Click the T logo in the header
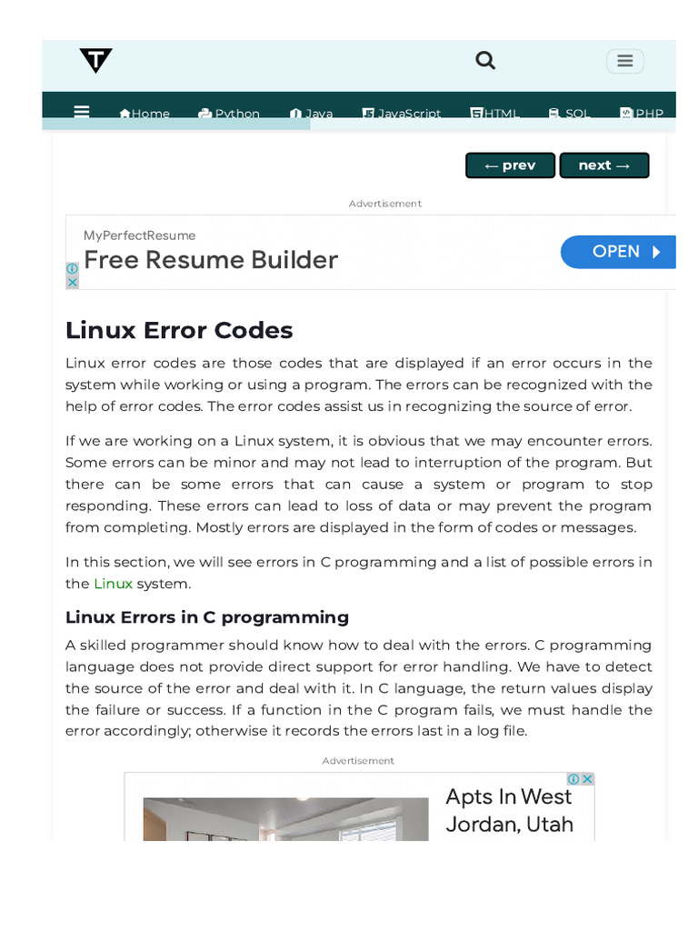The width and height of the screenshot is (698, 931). coord(95,61)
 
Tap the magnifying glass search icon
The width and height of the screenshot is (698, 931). coord(485,60)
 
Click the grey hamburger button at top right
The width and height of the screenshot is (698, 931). coord(624,61)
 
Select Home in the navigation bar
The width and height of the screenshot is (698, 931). coord(145,114)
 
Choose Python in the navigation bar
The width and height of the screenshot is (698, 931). coord(229,114)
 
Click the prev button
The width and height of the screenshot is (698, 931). coord(510,165)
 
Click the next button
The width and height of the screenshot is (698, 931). coord(603,165)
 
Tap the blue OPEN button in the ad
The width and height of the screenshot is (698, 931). coord(619,252)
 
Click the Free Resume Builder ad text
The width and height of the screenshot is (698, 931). coord(211,260)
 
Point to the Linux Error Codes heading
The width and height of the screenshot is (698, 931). coord(179,329)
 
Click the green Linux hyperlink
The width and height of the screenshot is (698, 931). coord(114,584)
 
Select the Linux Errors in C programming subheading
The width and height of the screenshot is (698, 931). coord(207,617)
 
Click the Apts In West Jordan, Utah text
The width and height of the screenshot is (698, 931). coord(509,810)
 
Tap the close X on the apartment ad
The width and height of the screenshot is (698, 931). coord(587,779)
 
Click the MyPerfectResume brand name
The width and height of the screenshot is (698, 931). coord(139,235)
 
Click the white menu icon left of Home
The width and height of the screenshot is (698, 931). coord(82,112)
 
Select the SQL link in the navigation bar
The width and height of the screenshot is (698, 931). coord(570,114)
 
